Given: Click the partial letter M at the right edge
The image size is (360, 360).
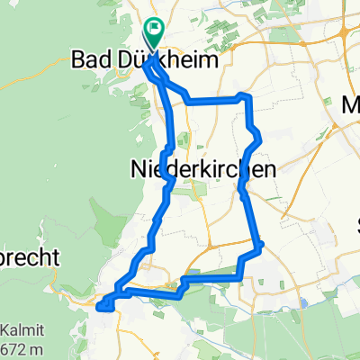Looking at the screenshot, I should click(x=352, y=106).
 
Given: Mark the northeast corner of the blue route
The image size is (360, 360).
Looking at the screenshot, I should click(x=244, y=96).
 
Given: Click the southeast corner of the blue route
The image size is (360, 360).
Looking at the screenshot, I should click(x=259, y=244).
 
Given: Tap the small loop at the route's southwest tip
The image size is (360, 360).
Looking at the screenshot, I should click(x=103, y=303).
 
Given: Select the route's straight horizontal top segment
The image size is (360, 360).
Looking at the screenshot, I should click(x=216, y=99).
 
